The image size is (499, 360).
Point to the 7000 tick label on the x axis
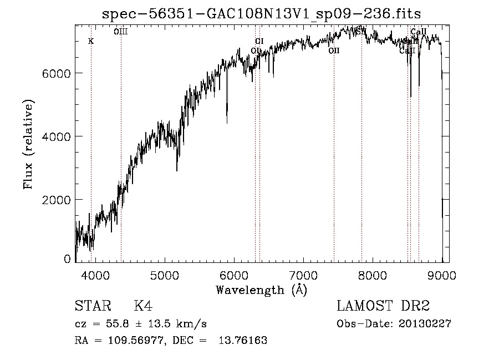pyautogui.click(x=304, y=275)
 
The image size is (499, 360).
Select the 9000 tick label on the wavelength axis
pyautogui.click(x=442, y=275)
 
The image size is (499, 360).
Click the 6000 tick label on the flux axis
pyautogui.click(x=57, y=73)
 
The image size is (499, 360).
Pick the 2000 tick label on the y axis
pyautogui.click(x=57, y=200)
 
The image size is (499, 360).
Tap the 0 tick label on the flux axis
pyautogui.click(x=67, y=259)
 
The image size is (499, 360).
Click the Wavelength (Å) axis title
pyautogui.click(x=261, y=290)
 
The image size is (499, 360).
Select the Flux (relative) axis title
pyautogui.click(x=28, y=144)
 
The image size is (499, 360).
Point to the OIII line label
pyautogui.click(x=120, y=32)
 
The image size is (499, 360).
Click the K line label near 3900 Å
pyautogui.click(x=91, y=42)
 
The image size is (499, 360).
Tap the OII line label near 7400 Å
pyautogui.click(x=334, y=50)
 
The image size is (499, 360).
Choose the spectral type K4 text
pyautogui.click(x=143, y=306)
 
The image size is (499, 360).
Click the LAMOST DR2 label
pyautogui.click(x=383, y=306)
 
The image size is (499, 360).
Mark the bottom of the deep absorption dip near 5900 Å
pyautogui.click(x=227, y=122)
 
